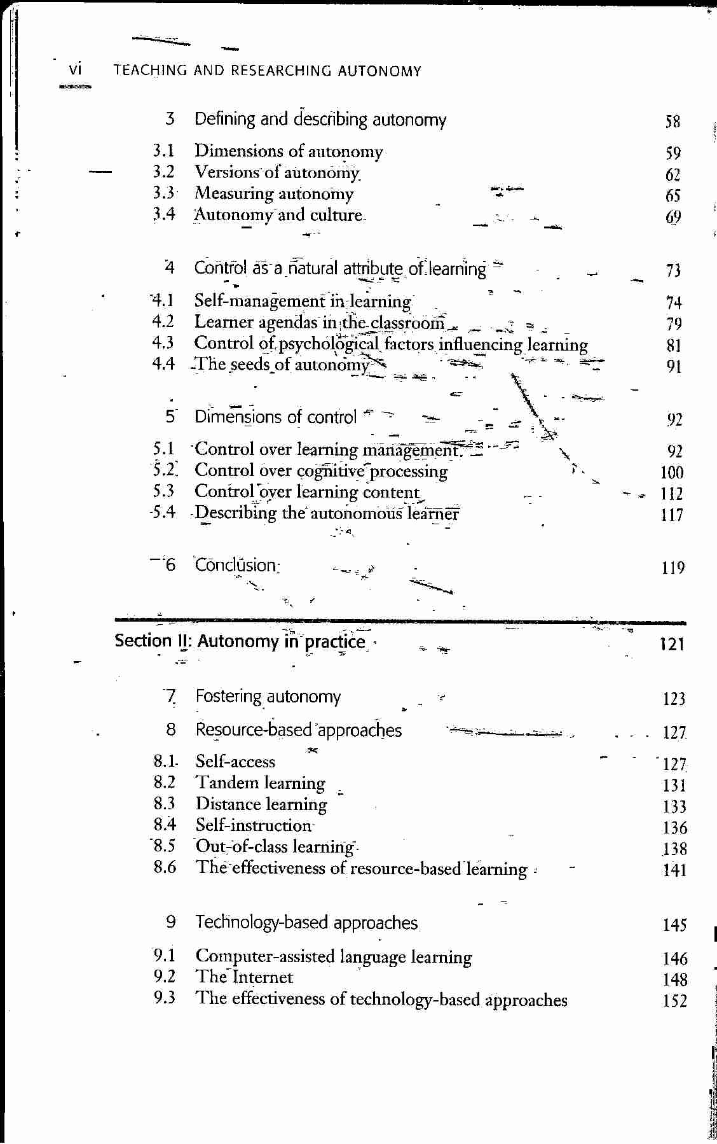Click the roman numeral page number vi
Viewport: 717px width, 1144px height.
(x=75, y=69)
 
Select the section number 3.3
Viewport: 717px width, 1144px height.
(x=163, y=193)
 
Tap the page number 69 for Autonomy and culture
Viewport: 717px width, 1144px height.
(x=673, y=217)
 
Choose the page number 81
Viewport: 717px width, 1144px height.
(x=674, y=345)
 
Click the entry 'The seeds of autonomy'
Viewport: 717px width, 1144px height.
(x=282, y=365)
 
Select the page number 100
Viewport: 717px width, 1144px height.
(x=671, y=472)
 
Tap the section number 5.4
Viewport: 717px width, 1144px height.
(x=163, y=512)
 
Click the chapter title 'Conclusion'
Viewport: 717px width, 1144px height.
(x=236, y=565)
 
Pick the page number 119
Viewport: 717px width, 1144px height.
(x=673, y=568)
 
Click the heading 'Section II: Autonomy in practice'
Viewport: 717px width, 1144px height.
(x=240, y=641)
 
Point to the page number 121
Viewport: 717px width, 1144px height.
(x=672, y=645)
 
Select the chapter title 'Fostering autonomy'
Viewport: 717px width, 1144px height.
(x=268, y=697)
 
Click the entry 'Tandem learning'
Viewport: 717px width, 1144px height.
(x=260, y=783)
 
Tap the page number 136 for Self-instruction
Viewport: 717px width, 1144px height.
(x=674, y=828)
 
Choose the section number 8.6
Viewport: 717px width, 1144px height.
(x=165, y=867)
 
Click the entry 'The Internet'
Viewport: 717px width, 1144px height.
(x=244, y=977)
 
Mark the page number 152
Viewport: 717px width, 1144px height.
(x=674, y=1001)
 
